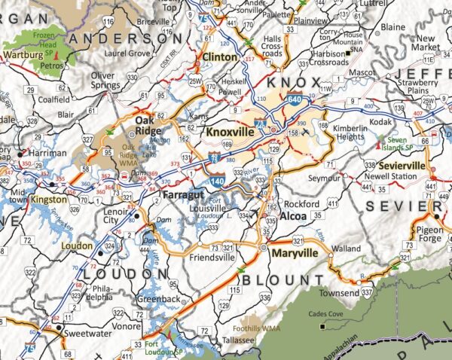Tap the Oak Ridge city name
tap(149, 125)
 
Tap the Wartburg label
tap(20, 55)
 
